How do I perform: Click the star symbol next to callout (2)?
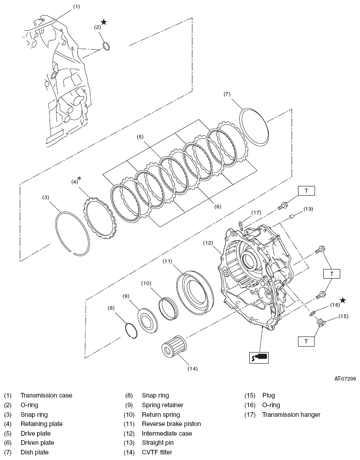pyautogui.click(x=104, y=22)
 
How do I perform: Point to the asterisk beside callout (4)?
pyautogui.click(x=79, y=179)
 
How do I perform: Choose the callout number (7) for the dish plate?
pyautogui.click(x=227, y=95)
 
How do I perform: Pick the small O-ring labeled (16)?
pyautogui.click(x=313, y=313)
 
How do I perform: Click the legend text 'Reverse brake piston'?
pyautogui.click(x=171, y=424)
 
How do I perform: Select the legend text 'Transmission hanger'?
pyautogui.click(x=291, y=415)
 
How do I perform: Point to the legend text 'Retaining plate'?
pyautogui.click(x=41, y=424)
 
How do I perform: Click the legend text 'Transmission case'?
pyautogui.click(x=46, y=395)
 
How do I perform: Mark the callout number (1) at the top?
pyautogui.click(x=76, y=6)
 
